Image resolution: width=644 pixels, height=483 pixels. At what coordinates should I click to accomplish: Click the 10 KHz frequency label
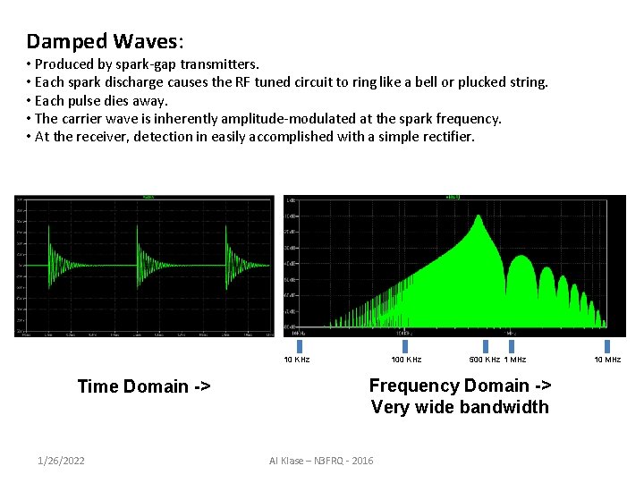tap(297, 360)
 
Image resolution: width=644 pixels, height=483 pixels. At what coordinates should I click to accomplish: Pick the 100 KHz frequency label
tap(407, 360)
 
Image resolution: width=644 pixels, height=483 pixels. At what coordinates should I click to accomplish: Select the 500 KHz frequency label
tap(484, 360)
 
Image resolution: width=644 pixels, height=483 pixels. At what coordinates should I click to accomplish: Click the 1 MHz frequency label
tap(515, 360)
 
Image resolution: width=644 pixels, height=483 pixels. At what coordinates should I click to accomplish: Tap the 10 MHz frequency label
tap(607, 360)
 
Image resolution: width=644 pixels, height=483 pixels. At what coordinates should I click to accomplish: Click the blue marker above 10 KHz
tap(299, 346)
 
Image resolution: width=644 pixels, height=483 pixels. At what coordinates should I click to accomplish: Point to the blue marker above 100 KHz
tap(405, 346)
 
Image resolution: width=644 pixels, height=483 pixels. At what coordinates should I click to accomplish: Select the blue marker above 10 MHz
tap(607, 346)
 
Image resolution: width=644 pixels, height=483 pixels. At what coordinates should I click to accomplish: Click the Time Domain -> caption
tap(144, 386)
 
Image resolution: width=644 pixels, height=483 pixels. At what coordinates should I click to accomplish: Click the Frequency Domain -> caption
tap(460, 386)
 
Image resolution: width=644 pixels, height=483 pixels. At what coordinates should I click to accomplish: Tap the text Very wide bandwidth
tap(460, 407)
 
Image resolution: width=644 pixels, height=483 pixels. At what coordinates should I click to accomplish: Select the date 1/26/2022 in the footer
tap(62, 461)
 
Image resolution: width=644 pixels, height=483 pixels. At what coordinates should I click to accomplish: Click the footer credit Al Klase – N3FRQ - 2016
tap(321, 461)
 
